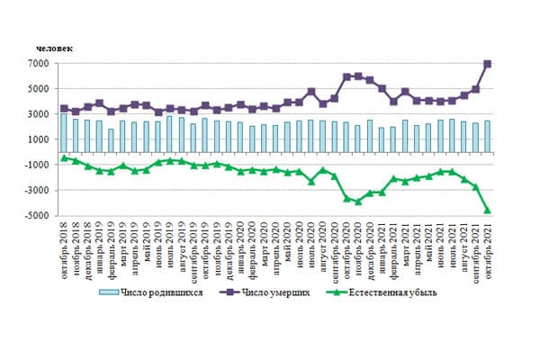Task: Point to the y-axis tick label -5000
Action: [38, 216]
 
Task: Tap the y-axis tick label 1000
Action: [40, 139]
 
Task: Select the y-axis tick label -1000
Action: [38, 166]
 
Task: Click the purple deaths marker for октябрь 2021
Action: [488, 64]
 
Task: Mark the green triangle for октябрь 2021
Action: [488, 210]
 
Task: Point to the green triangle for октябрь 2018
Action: [64, 158]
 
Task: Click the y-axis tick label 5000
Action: [40, 89]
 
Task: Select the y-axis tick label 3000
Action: [40, 114]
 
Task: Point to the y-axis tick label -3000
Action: [38, 191]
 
